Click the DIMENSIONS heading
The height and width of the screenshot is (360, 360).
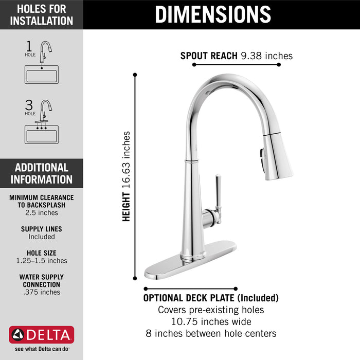coord(212,14)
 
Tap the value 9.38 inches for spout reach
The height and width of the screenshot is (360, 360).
coord(266,56)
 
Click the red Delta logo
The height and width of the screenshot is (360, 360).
coord(42,335)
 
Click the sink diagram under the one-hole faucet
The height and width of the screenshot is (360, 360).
coord(42,74)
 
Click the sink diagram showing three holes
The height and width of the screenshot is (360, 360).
coord(42,134)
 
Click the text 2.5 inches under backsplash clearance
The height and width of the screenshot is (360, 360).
coord(42,212)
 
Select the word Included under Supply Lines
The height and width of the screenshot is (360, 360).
coord(42,237)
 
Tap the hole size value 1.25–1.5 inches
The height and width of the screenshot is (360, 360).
coord(42,261)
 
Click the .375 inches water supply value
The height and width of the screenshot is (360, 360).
coord(42,292)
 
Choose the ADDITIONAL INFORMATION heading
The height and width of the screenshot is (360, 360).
coord(42,173)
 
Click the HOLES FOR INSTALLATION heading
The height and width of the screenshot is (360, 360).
coord(42,14)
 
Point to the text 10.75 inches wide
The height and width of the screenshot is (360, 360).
coord(211,321)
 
